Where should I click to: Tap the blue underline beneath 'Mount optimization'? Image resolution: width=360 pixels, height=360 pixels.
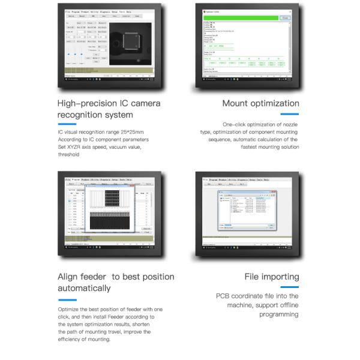tap(290, 114)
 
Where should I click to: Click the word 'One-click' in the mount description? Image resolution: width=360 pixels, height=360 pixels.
tap(235, 124)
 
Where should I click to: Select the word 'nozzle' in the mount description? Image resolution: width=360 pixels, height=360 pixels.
tap(289, 124)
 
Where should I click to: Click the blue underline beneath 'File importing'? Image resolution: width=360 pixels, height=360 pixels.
tap(290, 287)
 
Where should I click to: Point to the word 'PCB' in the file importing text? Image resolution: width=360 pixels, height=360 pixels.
tap(223, 296)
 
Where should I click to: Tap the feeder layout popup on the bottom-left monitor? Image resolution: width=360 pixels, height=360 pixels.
tap(109, 208)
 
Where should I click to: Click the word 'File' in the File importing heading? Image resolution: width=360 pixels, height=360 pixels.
tap(254, 277)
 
